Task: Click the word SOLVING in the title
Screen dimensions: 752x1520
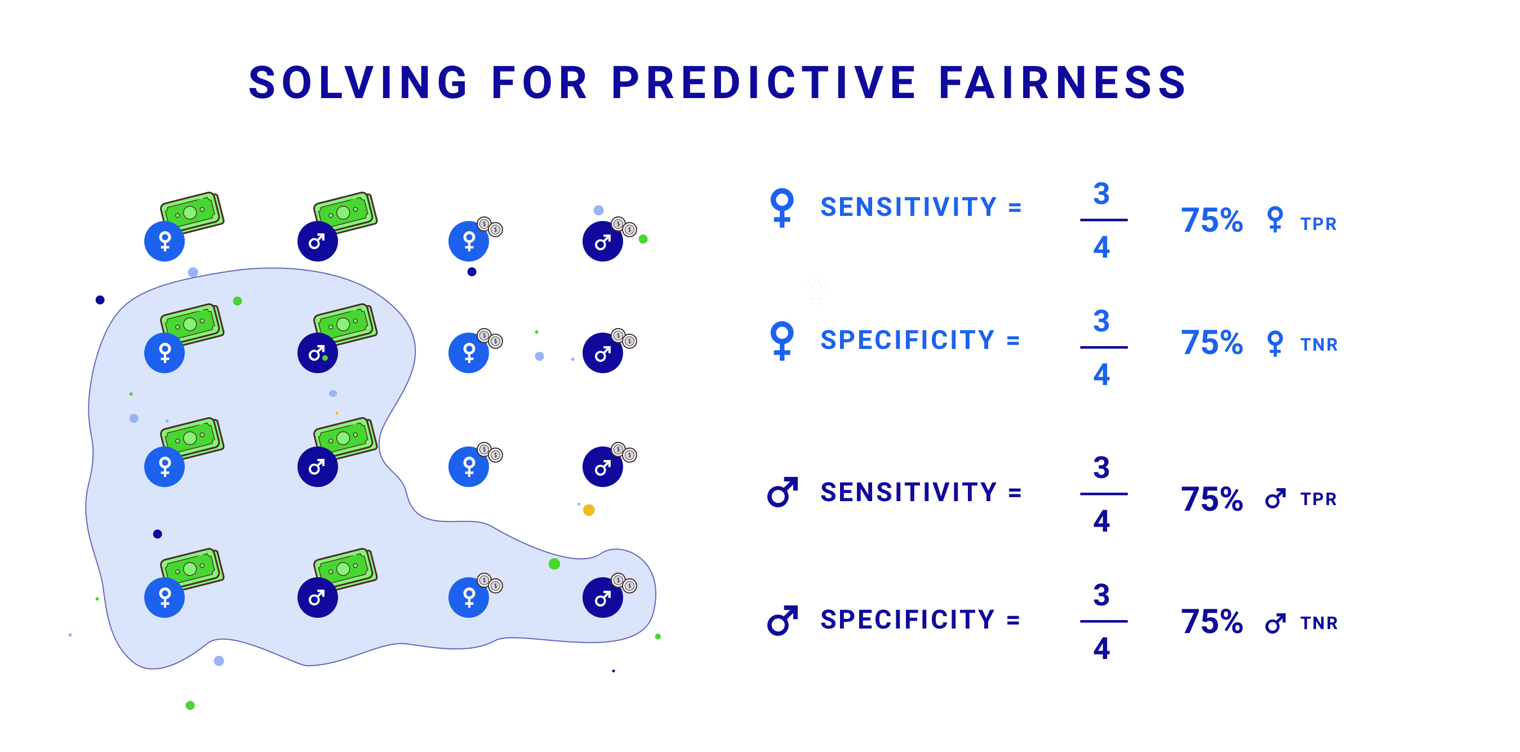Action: pyautogui.click(x=358, y=83)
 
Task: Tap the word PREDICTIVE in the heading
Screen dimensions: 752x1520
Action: pyautogui.click(x=763, y=83)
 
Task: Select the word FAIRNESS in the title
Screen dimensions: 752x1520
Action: pyautogui.click(x=1062, y=83)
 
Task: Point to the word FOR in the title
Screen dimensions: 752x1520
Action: pyautogui.click(x=539, y=83)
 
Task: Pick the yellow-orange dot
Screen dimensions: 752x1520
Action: pyautogui.click(x=588, y=510)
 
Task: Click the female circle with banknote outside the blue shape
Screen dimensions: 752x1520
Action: pyautogui.click(x=165, y=241)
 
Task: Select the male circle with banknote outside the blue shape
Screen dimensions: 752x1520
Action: pyautogui.click(x=317, y=241)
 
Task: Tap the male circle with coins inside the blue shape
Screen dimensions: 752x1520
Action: pyautogui.click(x=602, y=598)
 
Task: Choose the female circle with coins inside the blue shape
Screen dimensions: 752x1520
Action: pyautogui.click(x=469, y=598)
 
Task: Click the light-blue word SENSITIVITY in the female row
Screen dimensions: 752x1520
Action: pyautogui.click(x=908, y=206)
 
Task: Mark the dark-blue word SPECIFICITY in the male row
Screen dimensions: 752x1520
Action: pyautogui.click(x=907, y=620)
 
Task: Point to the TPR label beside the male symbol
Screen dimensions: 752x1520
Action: pyautogui.click(x=1318, y=499)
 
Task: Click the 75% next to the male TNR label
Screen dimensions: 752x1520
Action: pyautogui.click(x=1211, y=622)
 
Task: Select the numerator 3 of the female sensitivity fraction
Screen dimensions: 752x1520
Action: pyautogui.click(x=1101, y=193)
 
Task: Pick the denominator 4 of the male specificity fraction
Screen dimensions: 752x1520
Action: pyautogui.click(x=1101, y=648)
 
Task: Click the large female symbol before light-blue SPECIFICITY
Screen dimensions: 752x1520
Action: pyautogui.click(x=782, y=340)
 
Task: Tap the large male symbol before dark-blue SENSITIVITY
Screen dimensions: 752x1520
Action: pyautogui.click(x=783, y=492)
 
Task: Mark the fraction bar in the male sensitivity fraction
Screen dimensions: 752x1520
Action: pyautogui.click(x=1104, y=494)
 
